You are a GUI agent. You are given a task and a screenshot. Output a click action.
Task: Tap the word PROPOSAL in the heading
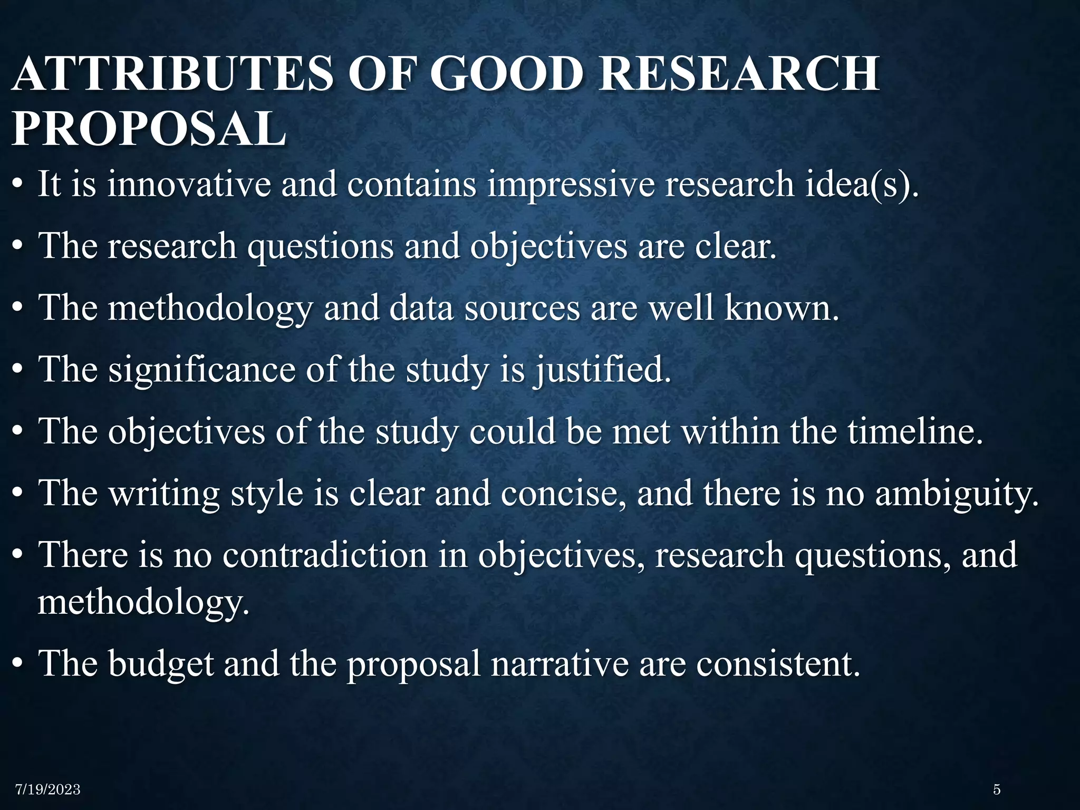149,129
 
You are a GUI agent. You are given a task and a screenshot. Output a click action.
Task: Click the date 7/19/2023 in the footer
48,789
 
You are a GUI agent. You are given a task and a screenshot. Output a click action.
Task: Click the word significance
202,370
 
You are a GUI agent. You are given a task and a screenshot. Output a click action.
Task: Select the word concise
564,494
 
